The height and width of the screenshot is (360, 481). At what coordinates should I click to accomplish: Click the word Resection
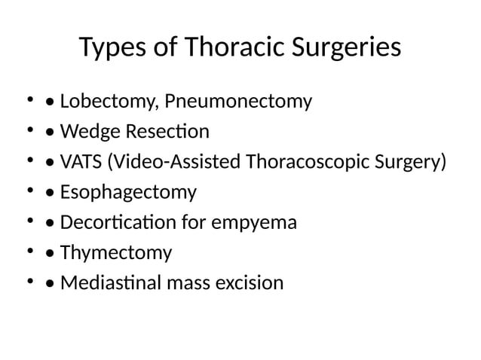click(x=162, y=132)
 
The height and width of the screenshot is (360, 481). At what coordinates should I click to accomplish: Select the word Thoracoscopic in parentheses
click(x=302, y=162)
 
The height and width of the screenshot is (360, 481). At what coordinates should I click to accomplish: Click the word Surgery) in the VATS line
click(x=406, y=162)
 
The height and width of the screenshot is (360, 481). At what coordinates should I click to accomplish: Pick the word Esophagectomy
click(x=128, y=193)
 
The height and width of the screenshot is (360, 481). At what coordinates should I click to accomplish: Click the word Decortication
click(x=115, y=223)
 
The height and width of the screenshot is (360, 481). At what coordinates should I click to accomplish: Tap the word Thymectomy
click(x=116, y=253)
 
